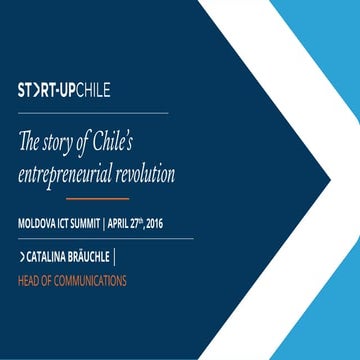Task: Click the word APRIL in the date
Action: [138, 220]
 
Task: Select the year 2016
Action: [180, 220]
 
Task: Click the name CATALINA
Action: [47, 257]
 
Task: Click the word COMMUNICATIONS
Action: [94, 281]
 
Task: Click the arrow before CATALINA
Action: [21, 257]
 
